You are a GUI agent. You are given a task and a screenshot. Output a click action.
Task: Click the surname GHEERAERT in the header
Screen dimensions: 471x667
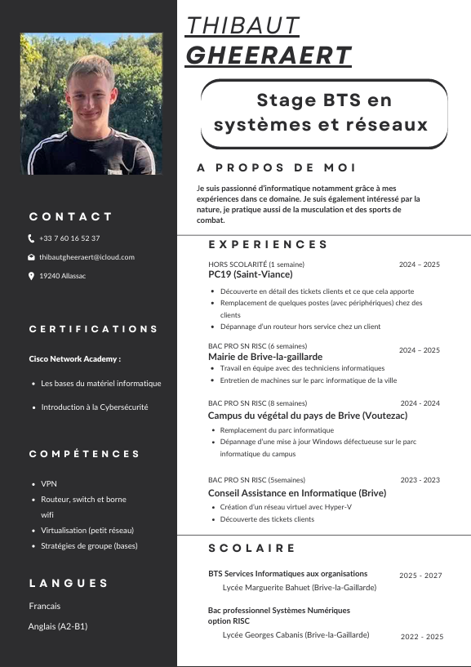pyautogui.click(x=269, y=55)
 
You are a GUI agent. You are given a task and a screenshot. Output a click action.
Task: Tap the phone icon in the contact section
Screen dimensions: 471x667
pyautogui.click(x=31, y=238)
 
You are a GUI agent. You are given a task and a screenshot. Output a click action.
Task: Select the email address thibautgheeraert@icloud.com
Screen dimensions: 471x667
pyautogui.click(x=87, y=257)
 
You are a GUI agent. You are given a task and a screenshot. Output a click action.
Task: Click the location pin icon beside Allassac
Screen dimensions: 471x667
pyautogui.click(x=31, y=276)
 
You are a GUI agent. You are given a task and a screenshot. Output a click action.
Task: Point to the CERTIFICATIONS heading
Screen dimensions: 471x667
pyautogui.click(x=94, y=329)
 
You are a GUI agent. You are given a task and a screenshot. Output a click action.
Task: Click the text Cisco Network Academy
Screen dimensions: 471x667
pyautogui.click(x=74, y=358)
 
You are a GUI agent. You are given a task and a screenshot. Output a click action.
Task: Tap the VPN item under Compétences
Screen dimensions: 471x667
pyautogui.click(x=49, y=483)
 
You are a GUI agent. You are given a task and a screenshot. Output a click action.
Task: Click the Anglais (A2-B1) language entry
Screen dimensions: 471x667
pyautogui.click(x=58, y=626)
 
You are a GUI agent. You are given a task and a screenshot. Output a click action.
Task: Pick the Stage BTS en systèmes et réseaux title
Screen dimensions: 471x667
pyautogui.click(x=321, y=113)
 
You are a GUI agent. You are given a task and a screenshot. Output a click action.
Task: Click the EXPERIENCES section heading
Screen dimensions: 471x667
pyautogui.click(x=269, y=244)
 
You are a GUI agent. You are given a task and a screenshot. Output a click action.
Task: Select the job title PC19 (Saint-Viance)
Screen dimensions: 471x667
pyautogui.click(x=250, y=275)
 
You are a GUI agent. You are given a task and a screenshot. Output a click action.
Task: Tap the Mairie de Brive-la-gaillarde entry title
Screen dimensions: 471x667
pyautogui.click(x=265, y=357)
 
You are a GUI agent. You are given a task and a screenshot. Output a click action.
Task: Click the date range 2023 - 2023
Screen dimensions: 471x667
pyautogui.click(x=420, y=480)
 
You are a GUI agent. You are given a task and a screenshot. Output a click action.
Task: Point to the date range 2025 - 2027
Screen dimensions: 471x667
pyautogui.click(x=420, y=576)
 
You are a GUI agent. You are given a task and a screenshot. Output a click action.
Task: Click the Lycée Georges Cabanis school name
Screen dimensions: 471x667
pyautogui.click(x=295, y=634)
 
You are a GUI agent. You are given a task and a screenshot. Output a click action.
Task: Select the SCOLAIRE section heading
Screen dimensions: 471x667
pyautogui.click(x=252, y=548)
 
